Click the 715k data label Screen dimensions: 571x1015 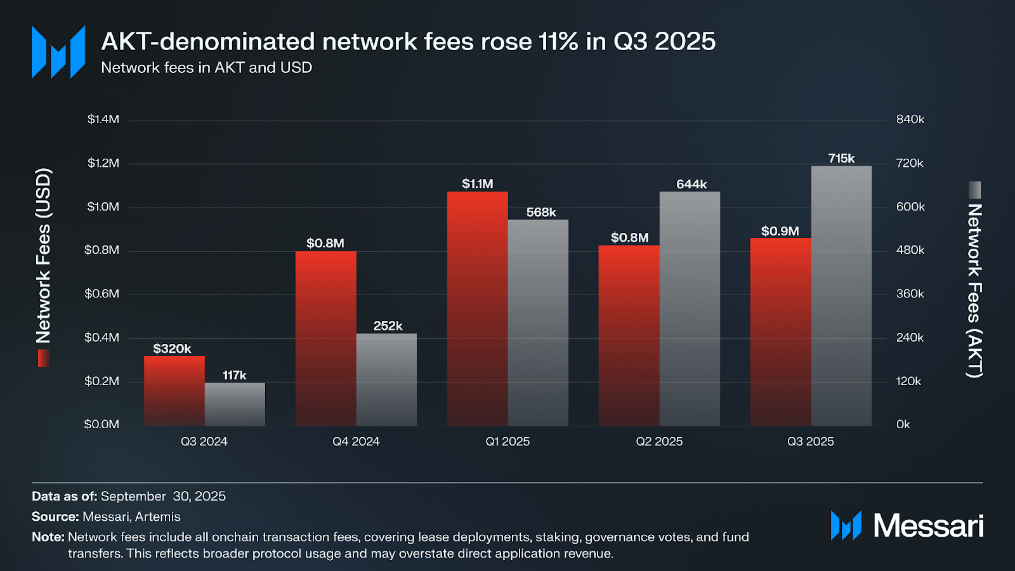(841, 159)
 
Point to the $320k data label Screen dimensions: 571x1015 (172, 348)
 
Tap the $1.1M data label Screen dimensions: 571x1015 (477, 184)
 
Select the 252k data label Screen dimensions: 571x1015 (388, 326)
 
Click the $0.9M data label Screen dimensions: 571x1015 (780, 231)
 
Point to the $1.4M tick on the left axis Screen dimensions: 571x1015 (103, 119)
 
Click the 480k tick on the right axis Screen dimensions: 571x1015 (910, 250)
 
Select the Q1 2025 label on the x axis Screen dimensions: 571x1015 (507, 442)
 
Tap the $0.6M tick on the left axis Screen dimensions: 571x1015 (102, 294)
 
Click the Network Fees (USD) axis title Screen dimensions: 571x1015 (43, 256)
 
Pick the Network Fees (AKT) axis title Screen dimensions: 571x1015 (974, 291)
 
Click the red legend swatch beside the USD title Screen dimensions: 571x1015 (43, 358)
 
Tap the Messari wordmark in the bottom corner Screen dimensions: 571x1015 (928, 526)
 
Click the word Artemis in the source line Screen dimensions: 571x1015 (158, 516)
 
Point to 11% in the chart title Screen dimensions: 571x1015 (558, 42)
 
